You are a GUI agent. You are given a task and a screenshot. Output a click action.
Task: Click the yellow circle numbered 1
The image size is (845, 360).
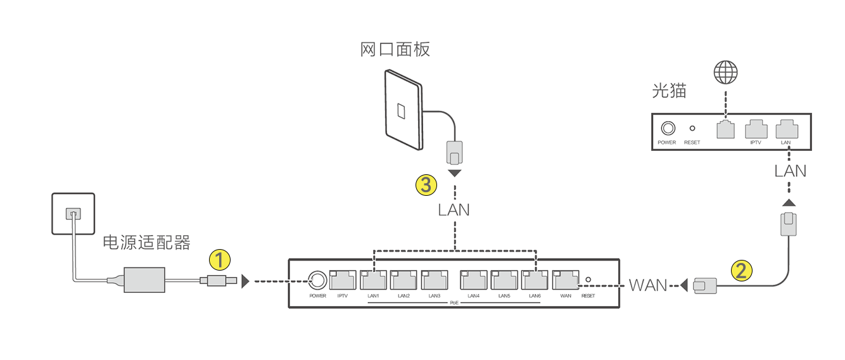coord(219,260)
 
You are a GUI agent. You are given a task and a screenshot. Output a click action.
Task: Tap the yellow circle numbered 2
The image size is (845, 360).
coord(742,271)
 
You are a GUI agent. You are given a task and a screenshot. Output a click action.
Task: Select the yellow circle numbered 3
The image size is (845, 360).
coord(426,185)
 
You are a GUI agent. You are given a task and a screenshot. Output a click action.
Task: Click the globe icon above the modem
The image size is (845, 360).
coord(726,73)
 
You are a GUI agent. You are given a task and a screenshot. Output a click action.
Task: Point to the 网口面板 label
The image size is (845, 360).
coord(395,49)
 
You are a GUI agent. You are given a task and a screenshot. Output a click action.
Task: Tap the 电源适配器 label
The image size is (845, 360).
coord(146,243)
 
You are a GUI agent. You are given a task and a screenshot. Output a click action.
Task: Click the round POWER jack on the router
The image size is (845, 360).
coord(317,280)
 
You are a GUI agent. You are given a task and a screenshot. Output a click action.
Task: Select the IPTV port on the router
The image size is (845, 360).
coord(343,280)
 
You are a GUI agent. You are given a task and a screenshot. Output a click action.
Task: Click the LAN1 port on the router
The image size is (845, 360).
coord(373,280)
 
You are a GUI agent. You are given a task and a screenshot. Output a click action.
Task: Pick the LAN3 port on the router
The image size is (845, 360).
coord(434,280)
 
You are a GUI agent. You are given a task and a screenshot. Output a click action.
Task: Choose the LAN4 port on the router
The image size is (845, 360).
coord(473,280)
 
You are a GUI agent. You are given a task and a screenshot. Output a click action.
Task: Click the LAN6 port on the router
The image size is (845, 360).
coord(534,280)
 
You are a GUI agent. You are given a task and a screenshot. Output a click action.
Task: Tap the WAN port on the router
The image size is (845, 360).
coord(565,280)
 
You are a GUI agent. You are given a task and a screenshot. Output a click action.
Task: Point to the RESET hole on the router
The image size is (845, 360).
coord(588,280)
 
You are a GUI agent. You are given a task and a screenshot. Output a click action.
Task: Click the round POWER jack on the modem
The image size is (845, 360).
coord(667,128)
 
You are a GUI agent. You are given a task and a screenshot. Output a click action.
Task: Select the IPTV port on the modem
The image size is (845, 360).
coord(756,129)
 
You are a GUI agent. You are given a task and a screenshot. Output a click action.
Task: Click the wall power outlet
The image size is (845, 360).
coord(73,215)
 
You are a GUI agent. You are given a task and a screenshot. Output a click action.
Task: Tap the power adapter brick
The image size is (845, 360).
coord(144,280)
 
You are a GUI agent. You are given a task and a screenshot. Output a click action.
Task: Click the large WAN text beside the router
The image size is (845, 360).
coord(648,285)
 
